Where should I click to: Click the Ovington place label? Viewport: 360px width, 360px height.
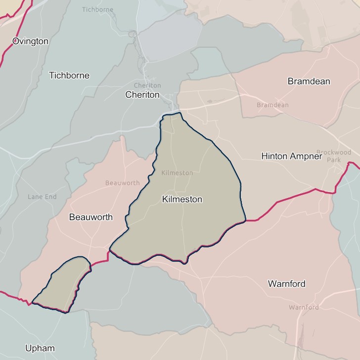[30, 41]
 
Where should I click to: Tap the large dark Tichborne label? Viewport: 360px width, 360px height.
[69, 76]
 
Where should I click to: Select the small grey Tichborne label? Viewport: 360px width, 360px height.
[97, 9]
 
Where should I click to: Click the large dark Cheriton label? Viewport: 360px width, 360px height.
[142, 94]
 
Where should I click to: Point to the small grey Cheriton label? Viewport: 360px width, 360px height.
[147, 85]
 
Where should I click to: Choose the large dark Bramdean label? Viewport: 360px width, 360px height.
[309, 81]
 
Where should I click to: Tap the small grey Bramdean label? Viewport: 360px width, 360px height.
[272, 105]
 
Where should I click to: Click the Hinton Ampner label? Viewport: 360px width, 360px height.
[291, 156]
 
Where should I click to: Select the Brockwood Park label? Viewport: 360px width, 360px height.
[334, 156]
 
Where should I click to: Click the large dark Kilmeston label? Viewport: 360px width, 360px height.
[182, 199]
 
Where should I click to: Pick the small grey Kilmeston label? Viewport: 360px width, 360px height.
[177, 173]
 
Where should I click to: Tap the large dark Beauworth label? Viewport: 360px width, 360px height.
[91, 217]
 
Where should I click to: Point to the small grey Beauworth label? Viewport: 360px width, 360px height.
[122, 183]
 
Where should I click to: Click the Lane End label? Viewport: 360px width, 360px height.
[42, 197]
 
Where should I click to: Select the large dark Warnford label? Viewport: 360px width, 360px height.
[286, 284]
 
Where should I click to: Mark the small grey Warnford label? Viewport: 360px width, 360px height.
[304, 307]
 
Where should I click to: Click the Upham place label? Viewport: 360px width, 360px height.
[40, 348]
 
